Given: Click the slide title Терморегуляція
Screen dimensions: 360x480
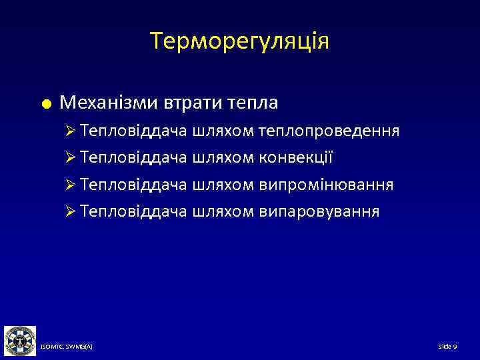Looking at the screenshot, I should click(x=240, y=41).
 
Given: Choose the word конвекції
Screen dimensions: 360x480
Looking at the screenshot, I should click(x=295, y=158).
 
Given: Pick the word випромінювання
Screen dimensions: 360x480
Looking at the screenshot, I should click(x=325, y=185).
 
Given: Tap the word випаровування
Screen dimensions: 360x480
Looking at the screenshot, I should click(x=319, y=212).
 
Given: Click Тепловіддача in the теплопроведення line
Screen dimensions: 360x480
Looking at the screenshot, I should click(x=133, y=131).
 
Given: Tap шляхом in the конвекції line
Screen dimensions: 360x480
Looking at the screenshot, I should click(x=222, y=158).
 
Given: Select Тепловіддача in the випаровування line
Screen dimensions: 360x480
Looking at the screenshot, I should click(x=133, y=212).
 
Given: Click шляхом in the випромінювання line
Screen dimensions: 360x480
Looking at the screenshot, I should click(x=222, y=185).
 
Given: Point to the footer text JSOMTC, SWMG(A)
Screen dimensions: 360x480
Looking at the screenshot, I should click(x=66, y=347).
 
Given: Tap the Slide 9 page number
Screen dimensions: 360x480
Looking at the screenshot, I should click(x=447, y=347).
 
